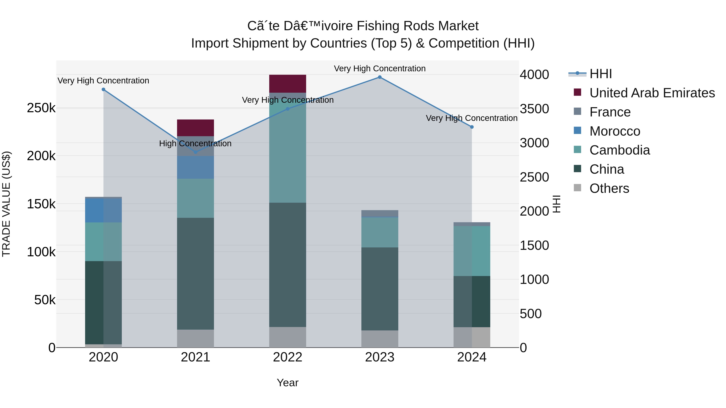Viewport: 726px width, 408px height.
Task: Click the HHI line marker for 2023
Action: (x=380, y=77)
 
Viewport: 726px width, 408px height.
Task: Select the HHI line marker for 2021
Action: (x=196, y=152)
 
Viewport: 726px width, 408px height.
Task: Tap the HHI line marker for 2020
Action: (x=103, y=89)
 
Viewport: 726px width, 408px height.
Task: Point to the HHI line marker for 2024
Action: (x=472, y=127)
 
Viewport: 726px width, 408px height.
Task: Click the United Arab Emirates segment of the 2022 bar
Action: (x=287, y=84)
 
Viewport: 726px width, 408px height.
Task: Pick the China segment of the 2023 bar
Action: (x=380, y=289)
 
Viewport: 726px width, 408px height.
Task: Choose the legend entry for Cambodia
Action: (x=620, y=150)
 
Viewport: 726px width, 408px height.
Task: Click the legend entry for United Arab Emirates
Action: (x=652, y=93)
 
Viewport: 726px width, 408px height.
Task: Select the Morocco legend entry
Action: (x=615, y=131)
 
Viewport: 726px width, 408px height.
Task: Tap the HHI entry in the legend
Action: (x=600, y=74)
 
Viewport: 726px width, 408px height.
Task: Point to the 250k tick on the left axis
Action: (x=41, y=108)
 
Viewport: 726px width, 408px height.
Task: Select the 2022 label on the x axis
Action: (x=287, y=357)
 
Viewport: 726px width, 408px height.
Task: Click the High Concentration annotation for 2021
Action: (x=195, y=144)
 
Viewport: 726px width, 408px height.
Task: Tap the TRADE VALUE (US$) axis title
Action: (x=6, y=204)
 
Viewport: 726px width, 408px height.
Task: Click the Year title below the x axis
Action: (x=287, y=383)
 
